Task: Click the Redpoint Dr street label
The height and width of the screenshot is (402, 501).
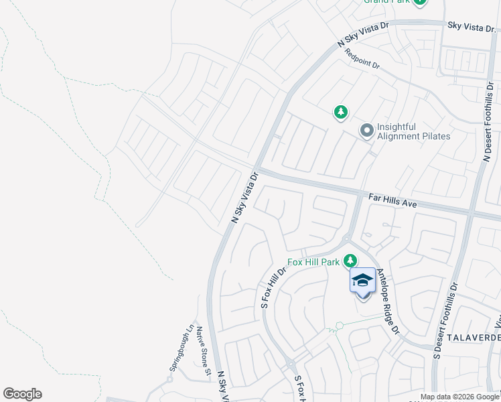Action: click(362, 60)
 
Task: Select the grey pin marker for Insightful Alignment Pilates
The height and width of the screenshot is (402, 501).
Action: click(366, 131)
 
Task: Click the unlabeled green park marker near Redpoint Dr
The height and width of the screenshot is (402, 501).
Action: click(341, 112)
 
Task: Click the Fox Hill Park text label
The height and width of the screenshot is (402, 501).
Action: click(313, 262)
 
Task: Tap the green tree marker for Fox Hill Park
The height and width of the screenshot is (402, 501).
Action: click(350, 260)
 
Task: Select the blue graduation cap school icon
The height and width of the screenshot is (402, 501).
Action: click(362, 281)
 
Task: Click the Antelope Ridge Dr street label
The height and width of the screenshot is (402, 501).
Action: click(387, 302)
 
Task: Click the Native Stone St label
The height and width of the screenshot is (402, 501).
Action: click(204, 350)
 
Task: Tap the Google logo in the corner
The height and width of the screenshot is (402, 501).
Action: click(22, 394)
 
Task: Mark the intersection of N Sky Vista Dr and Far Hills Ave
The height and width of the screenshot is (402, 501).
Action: click(257, 168)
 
